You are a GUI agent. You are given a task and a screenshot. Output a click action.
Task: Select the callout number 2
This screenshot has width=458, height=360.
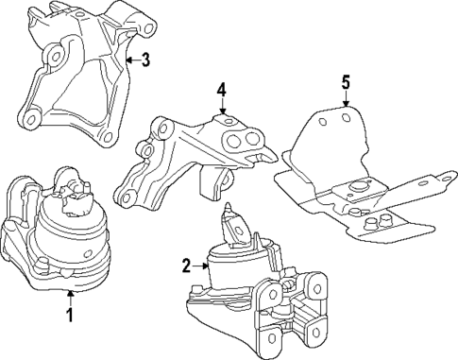pos(186,266)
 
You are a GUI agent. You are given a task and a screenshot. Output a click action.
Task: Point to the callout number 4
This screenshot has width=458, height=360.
pos(221,90)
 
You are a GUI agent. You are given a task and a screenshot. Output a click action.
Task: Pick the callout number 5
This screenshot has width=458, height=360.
pos(345,82)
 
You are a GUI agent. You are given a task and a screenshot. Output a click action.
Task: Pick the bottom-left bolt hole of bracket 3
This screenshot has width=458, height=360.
pos(31,120)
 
